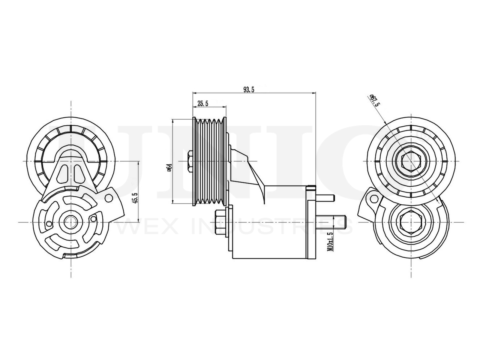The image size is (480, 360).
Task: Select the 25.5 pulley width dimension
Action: click(x=202, y=103)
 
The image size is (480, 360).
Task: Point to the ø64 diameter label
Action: click(x=169, y=168)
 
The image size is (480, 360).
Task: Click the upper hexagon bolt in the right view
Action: click(x=412, y=162)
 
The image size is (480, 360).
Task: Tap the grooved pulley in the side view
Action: click(x=209, y=161)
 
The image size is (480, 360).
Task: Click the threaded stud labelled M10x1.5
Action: click(x=330, y=221)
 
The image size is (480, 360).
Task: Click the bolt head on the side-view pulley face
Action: click(x=189, y=161)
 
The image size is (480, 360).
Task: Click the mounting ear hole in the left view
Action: click(x=109, y=198)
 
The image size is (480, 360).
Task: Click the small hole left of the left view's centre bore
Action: click(x=49, y=224)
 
